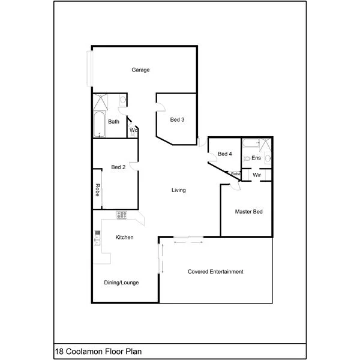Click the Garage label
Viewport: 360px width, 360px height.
click(x=140, y=70)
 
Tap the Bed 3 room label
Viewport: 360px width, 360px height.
click(x=176, y=119)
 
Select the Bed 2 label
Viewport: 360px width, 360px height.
click(x=118, y=167)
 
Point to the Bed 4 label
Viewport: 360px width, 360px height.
click(x=224, y=154)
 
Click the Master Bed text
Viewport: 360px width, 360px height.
click(x=248, y=212)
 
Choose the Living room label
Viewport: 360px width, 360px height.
click(x=178, y=190)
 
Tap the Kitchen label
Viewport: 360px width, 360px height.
click(x=124, y=238)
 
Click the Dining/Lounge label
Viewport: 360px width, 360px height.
click(x=122, y=282)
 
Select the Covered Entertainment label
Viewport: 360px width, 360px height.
click(x=215, y=272)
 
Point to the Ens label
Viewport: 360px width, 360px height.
click(x=256, y=158)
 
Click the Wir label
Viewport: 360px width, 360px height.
click(x=257, y=175)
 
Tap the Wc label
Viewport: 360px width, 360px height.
click(x=134, y=130)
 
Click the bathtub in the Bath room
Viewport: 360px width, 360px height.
click(x=99, y=124)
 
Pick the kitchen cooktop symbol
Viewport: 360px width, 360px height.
click(x=122, y=215)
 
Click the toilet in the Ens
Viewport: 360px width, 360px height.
click(x=248, y=158)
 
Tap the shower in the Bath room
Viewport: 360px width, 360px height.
click(x=100, y=101)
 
